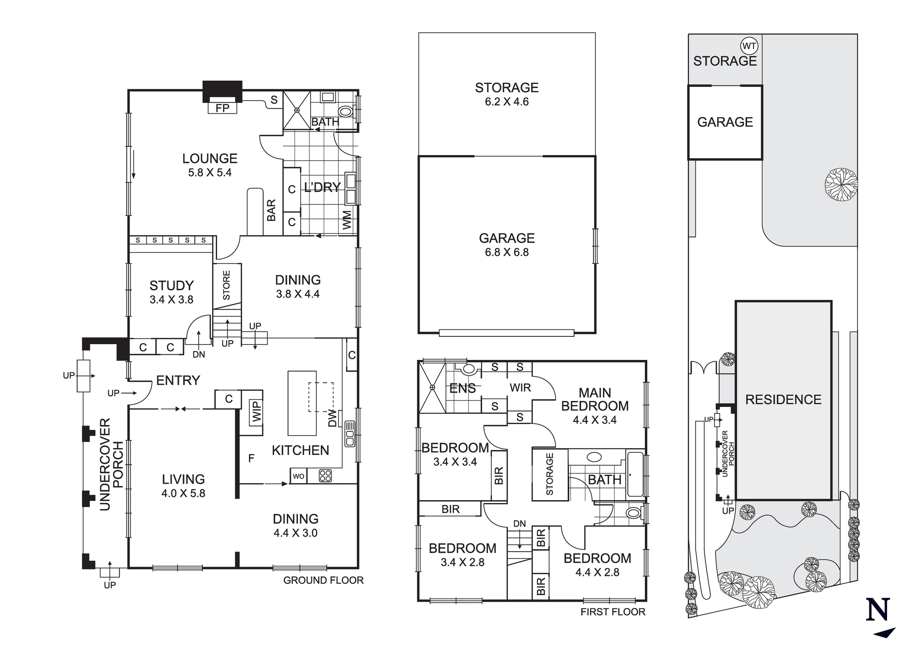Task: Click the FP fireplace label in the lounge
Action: click(222, 108)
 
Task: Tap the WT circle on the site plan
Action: click(749, 46)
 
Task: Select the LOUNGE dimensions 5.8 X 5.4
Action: click(210, 173)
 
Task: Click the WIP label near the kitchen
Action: click(256, 412)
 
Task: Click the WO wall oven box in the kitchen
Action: click(298, 476)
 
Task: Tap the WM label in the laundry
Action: click(347, 220)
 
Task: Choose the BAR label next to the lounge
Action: click(271, 210)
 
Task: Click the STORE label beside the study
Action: click(226, 285)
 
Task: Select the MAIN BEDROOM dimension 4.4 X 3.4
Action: click(595, 420)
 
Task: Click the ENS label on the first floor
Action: click(462, 389)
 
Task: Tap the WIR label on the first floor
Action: click(520, 388)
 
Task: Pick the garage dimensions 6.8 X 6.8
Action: click(507, 252)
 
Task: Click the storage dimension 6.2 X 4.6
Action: click(507, 102)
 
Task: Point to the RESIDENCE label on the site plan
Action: click(783, 400)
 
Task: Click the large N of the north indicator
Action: click(877, 610)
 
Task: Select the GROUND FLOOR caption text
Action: click(323, 580)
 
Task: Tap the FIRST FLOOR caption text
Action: click(613, 612)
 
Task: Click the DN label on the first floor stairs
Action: click(520, 524)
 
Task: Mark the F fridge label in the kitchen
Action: click(251, 458)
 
